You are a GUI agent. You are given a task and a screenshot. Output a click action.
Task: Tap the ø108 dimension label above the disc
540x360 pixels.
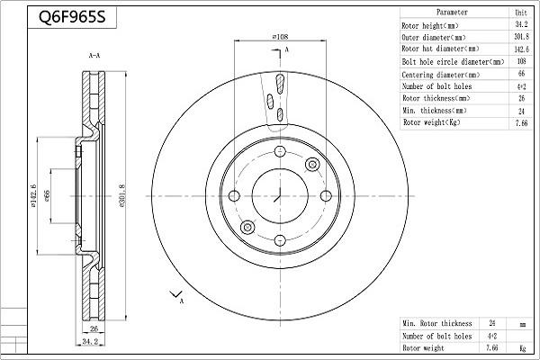(279, 37)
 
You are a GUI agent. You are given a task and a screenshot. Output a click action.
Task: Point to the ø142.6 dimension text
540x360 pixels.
(33, 195)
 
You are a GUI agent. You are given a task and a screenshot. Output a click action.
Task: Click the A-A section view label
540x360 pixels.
(94, 56)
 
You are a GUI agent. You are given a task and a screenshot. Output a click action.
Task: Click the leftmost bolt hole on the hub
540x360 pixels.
(235, 196)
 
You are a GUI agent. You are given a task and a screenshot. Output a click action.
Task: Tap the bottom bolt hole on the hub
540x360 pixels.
(279, 239)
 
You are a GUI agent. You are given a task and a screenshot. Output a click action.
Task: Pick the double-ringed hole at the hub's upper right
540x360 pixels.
(313, 164)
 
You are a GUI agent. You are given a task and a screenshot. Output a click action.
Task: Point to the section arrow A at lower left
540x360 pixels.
(176, 296)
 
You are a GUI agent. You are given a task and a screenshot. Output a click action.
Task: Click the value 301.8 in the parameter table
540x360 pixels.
(520, 38)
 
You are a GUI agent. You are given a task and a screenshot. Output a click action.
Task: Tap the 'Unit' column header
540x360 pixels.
(520, 13)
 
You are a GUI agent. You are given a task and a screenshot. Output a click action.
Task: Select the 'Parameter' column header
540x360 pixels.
(452, 13)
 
